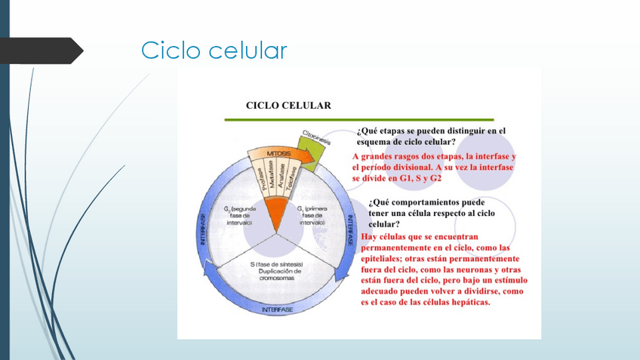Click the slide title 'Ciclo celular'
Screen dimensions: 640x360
coord(214,51)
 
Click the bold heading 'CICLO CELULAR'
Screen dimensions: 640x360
coord(288,105)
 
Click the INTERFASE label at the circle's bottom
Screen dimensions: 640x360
coord(277,310)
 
